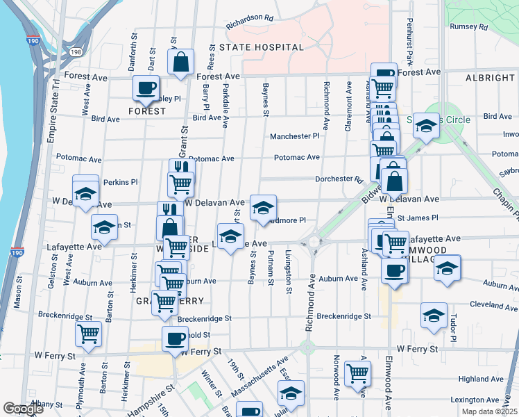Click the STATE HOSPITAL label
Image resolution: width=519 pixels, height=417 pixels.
pyautogui.click(x=261, y=47)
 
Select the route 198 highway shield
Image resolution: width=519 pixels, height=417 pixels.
pyautogui.click(x=76, y=51)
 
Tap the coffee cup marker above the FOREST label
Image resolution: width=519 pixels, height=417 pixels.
pyautogui.click(x=146, y=88)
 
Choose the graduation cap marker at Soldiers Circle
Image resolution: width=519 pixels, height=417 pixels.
pyautogui.click(x=427, y=126)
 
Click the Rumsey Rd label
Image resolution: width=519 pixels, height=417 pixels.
pyautogui.click(x=469, y=27)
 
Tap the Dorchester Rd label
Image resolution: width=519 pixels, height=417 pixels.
pyautogui.click(x=339, y=179)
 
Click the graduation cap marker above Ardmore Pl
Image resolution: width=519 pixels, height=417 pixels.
pyautogui.click(x=263, y=207)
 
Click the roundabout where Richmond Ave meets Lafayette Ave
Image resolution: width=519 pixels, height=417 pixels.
pyautogui.click(x=314, y=243)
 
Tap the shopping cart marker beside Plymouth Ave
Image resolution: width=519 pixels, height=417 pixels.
pyautogui.click(x=89, y=334)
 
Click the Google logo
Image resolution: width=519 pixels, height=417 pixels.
pyautogui.click(x=24, y=409)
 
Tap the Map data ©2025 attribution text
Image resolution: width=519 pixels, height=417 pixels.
pyautogui.click(x=489, y=411)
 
